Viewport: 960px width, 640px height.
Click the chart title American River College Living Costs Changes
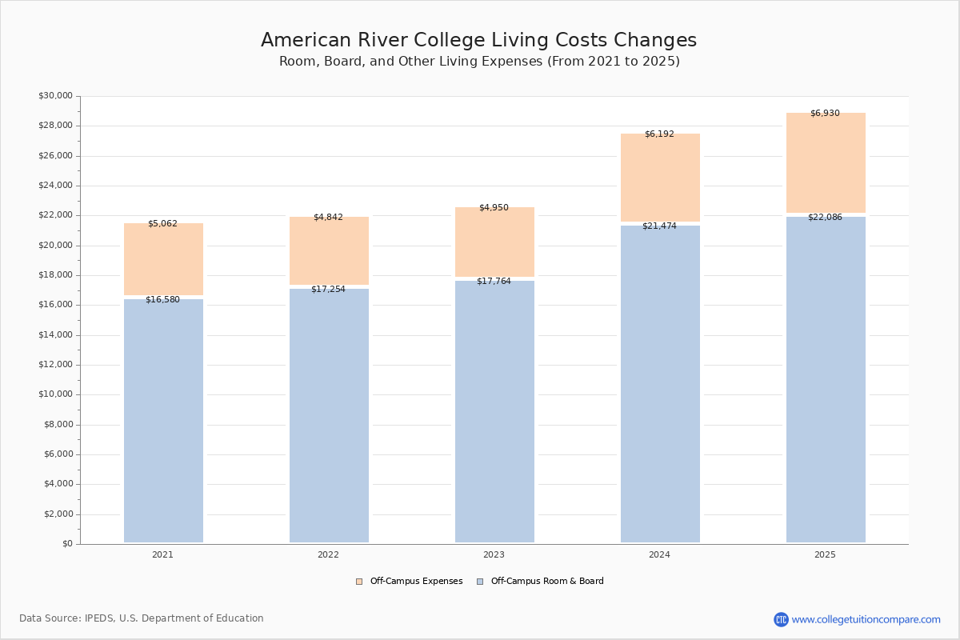[478, 41]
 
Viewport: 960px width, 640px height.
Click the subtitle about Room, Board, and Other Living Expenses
[479, 62]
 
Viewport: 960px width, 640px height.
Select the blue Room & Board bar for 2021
[163, 421]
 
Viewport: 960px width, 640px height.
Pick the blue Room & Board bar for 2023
[494, 411]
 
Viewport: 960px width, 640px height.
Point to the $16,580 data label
[162, 300]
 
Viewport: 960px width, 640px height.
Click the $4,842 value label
[328, 218]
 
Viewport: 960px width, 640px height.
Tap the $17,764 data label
[494, 282]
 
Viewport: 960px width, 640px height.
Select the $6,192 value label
[659, 134]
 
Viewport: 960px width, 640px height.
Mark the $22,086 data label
[825, 218]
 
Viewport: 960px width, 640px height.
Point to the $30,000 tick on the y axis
[55, 96]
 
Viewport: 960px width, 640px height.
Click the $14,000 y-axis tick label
[55, 335]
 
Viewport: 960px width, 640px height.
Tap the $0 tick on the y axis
[67, 544]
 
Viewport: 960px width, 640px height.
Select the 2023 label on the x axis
[494, 555]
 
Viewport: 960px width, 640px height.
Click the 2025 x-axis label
[825, 555]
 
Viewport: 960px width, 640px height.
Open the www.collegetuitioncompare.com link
[866, 620]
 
